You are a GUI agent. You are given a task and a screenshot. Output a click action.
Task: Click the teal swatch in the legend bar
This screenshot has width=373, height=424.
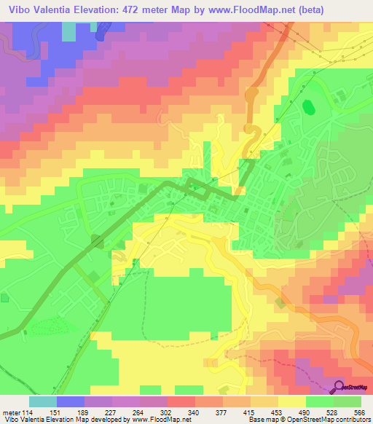click(42, 401)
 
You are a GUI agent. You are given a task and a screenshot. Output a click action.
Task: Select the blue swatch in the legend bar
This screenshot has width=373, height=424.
click(70, 401)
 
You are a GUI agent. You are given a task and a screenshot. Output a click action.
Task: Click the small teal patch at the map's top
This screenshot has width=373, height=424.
click(68, 31)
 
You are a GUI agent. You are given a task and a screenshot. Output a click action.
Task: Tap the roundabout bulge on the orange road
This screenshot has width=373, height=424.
click(252, 95)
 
